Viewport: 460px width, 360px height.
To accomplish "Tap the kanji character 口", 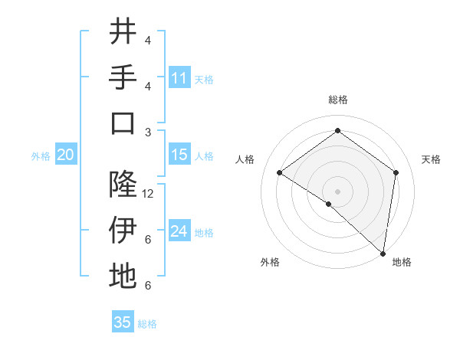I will pyautogui.click(x=123, y=123).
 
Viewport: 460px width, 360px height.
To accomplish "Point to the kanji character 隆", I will pyautogui.click(x=123, y=184).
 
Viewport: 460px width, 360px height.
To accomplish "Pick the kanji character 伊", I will pyautogui.click(x=123, y=230).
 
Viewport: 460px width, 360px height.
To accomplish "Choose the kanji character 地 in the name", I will pyautogui.click(x=123, y=276).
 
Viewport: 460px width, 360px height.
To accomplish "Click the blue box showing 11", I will pyautogui.click(x=179, y=77).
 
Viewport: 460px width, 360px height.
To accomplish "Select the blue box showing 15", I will pyautogui.click(x=179, y=155).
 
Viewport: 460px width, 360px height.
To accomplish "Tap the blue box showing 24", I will pyautogui.click(x=179, y=231).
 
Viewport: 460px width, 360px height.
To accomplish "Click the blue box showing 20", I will pyautogui.click(x=65, y=155).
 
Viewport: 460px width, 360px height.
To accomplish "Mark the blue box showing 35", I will pyautogui.click(x=123, y=322).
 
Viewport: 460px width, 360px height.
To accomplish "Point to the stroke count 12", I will pyautogui.click(x=149, y=194).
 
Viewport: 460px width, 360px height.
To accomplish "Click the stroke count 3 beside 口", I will pyautogui.click(x=148, y=133).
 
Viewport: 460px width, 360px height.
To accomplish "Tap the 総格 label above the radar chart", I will pyautogui.click(x=337, y=100).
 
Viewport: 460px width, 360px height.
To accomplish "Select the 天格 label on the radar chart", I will pyautogui.click(x=431, y=159).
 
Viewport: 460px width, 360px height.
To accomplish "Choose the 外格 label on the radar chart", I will pyautogui.click(x=270, y=262).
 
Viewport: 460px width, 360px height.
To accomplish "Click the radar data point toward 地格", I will pyautogui.click(x=383, y=253).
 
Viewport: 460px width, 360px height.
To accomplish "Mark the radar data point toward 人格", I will pyautogui.click(x=280, y=172).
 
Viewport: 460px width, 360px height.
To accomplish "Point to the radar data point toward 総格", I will pyautogui.click(x=337, y=131).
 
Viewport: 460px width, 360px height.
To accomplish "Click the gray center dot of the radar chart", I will pyautogui.click(x=337, y=191).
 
